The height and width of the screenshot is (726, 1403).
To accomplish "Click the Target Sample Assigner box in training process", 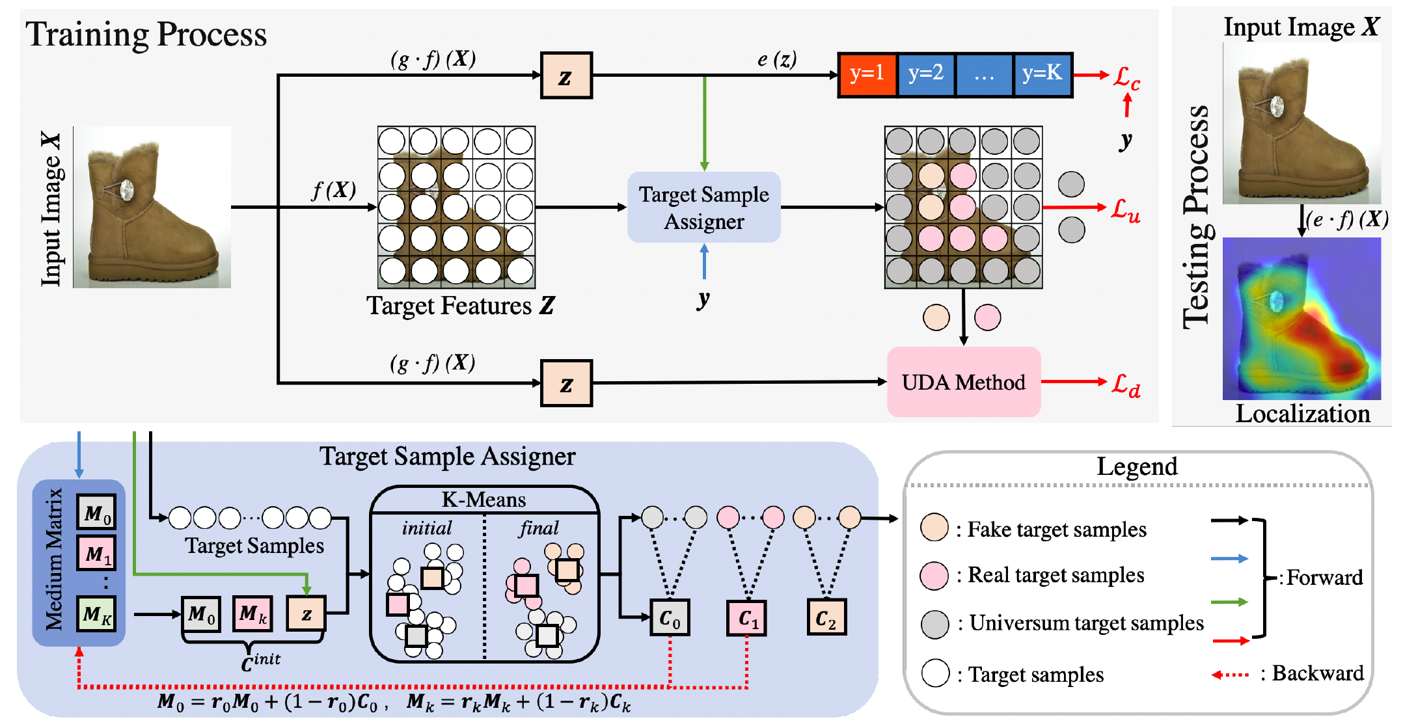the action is (704, 208).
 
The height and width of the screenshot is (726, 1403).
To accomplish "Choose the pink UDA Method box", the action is (964, 382).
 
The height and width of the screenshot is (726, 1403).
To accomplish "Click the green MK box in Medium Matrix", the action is (96, 613).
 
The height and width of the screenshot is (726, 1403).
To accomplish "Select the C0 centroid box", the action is (670, 617).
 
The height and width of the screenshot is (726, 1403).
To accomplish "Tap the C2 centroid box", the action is (826, 617).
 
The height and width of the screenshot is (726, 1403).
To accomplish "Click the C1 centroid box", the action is (747, 617).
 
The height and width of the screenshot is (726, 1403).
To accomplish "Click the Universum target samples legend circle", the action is (934, 624).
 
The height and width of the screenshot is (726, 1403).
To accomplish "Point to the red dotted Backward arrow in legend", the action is (1230, 675).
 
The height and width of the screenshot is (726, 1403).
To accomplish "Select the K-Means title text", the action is (484, 500).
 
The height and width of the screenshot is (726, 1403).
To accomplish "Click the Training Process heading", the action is (146, 34).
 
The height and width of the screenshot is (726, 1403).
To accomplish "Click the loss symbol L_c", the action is (1126, 78).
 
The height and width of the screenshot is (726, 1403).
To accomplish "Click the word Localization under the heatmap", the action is (1303, 414).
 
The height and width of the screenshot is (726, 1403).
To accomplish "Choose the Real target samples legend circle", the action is (934, 576).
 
